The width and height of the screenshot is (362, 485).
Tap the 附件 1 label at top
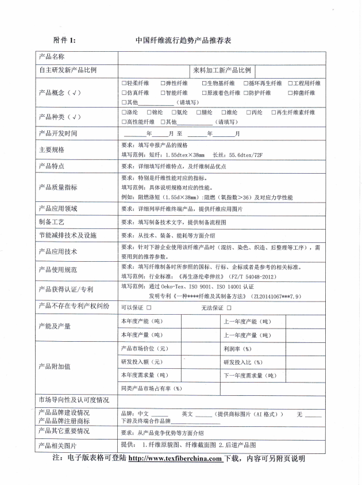(64, 41)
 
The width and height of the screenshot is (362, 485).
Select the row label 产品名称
(52, 57)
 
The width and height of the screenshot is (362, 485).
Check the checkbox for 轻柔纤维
(124, 83)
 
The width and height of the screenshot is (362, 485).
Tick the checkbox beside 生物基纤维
(203, 83)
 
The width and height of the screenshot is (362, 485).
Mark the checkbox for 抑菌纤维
(290, 93)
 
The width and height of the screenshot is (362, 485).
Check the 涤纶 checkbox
(124, 112)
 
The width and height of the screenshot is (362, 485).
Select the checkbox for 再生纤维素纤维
(274, 112)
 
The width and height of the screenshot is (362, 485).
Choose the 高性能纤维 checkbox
(124, 122)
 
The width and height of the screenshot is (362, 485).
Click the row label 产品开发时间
(57, 133)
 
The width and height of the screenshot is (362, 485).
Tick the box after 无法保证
(229, 308)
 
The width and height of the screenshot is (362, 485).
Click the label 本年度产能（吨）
(141, 321)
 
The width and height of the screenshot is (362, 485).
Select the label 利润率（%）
(237, 349)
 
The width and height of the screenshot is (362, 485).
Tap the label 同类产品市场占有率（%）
(152, 388)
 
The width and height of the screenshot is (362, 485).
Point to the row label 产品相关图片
(57, 445)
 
